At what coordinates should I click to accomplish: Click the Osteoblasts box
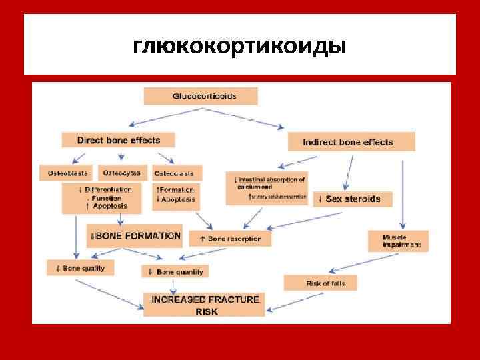pyautogui.click(x=67, y=173)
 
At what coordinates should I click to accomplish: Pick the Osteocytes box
pyautogui.click(x=122, y=173)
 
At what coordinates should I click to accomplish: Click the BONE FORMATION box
pyautogui.click(x=135, y=236)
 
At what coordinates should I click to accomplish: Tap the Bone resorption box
pyautogui.click(x=226, y=238)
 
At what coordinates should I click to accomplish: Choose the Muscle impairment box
pyautogui.click(x=398, y=241)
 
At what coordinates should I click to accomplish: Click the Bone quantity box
pyautogui.click(x=175, y=271)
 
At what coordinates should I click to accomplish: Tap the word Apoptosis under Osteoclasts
pyautogui.click(x=177, y=199)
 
